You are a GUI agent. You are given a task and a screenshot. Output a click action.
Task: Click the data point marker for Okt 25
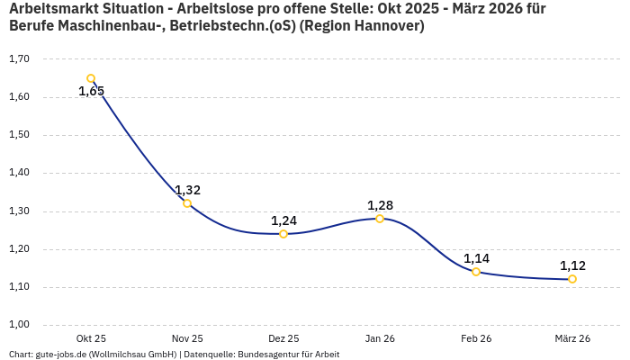(x=91, y=78)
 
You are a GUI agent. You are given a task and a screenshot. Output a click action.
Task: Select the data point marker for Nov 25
(x=187, y=203)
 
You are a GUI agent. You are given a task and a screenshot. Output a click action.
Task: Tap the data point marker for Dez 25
(x=283, y=234)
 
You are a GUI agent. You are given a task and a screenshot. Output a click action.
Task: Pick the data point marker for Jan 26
(x=380, y=219)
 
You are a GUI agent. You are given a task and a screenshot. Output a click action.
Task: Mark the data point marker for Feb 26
(x=476, y=272)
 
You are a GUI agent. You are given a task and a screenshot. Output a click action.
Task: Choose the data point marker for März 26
(x=572, y=279)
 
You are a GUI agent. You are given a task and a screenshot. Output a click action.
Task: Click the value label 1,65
(x=91, y=91)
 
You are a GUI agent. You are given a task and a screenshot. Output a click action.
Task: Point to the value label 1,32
(x=187, y=190)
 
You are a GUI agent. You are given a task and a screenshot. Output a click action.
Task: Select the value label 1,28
(x=380, y=205)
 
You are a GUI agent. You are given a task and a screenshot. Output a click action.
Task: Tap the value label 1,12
(x=572, y=265)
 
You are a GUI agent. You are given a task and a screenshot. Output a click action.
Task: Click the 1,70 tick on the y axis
(x=19, y=59)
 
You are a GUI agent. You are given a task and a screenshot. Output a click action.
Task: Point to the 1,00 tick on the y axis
(x=19, y=325)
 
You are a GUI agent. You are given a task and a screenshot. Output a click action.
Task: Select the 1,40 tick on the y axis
(x=19, y=173)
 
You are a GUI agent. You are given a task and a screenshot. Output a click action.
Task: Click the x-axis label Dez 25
(x=283, y=338)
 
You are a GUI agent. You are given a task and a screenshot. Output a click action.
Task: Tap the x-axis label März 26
(x=572, y=338)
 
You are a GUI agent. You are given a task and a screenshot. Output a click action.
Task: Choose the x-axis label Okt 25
(x=91, y=338)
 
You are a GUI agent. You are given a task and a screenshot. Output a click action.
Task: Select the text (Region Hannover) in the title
(x=362, y=26)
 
